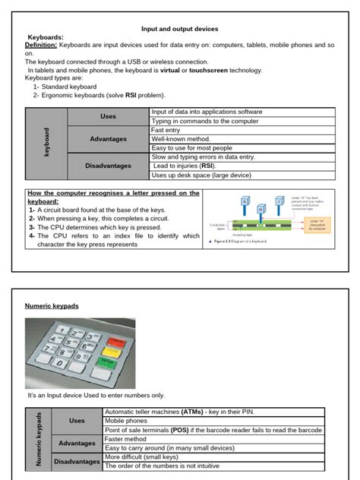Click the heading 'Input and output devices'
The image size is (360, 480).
[x=180, y=28]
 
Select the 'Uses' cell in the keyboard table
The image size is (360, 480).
[x=108, y=116]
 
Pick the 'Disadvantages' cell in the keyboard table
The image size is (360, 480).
[x=108, y=166]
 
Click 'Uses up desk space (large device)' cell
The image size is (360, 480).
[x=201, y=175]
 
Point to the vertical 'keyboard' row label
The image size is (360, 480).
[x=46, y=143]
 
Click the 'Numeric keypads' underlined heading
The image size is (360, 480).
[x=52, y=305]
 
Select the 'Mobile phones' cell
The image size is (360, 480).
[x=126, y=420]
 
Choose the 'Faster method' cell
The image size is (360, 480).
[x=126, y=439]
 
